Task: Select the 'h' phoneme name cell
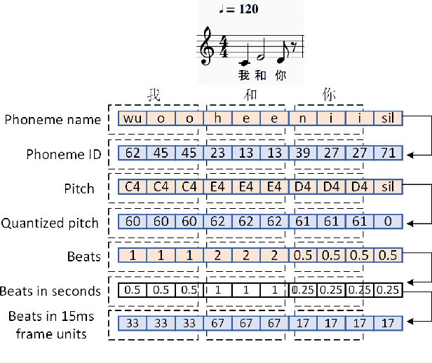[x=217, y=118]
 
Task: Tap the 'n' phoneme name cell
[x=303, y=118]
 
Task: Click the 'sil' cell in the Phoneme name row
[x=388, y=118]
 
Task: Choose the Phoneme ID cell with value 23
[x=217, y=153]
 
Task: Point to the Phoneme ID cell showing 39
[x=303, y=153]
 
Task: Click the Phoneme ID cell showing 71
[x=388, y=153]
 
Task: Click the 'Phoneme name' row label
[x=52, y=119]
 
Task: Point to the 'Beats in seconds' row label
[x=50, y=290]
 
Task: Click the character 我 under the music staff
[x=243, y=74]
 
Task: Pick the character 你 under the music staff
[x=279, y=74]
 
